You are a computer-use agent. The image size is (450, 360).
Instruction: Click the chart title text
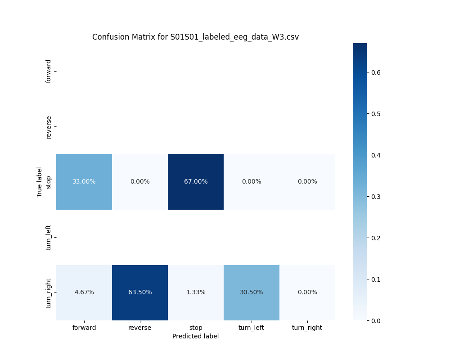[x=195, y=37]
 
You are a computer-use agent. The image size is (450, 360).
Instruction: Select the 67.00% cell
[x=196, y=181]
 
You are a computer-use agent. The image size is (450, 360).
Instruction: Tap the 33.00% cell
[x=84, y=181]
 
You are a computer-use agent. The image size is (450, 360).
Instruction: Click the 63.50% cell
[x=140, y=292]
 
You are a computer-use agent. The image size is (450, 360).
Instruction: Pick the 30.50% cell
[x=252, y=292]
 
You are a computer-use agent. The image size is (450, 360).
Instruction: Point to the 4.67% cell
[x=84, y=292]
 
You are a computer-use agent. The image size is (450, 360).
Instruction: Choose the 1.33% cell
[x=196, y=292]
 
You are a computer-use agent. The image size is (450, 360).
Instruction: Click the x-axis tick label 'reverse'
[x=140, y=328]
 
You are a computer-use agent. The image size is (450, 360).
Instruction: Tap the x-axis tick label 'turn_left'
[x=252, y=328]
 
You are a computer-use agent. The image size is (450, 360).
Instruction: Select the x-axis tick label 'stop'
[x=196, y=328]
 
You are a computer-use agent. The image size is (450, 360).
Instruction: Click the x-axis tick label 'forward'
[x=84, y=328]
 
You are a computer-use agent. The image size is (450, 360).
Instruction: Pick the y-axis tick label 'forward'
[x=49, y=71]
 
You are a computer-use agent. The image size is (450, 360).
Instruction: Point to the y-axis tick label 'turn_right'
[x=49, y=293]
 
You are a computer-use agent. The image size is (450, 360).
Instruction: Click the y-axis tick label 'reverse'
[x=49, y=126]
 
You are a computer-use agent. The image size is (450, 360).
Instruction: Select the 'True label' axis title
[x=40, y=182]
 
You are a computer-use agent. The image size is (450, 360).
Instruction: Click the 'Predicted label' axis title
[x=195, y=336]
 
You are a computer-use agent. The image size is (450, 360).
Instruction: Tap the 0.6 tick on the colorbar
[x=376, y=72]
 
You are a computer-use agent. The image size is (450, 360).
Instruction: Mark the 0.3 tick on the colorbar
[x=376, y=196]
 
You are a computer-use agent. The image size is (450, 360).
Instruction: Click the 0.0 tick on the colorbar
[x=376, y=320]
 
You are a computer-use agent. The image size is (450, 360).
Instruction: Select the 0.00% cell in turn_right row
[x=307, y=292]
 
